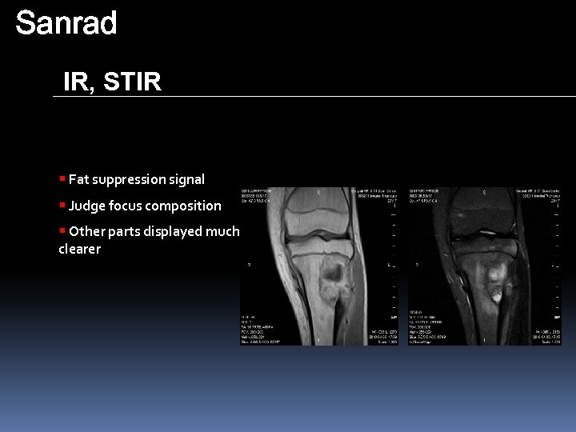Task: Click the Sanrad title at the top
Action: (x=66, y=23)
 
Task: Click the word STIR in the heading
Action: (x=132, y=82)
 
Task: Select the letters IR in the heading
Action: (x=78, y=82)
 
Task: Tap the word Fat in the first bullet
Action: (x=78, y=179)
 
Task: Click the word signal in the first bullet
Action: (x=185, y=179)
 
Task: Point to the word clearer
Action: (x=79, y=249)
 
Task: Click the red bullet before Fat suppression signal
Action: (x=62, y=178)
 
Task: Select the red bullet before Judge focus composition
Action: (x=62, y=205)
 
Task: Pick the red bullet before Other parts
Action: (x=62, y=230)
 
